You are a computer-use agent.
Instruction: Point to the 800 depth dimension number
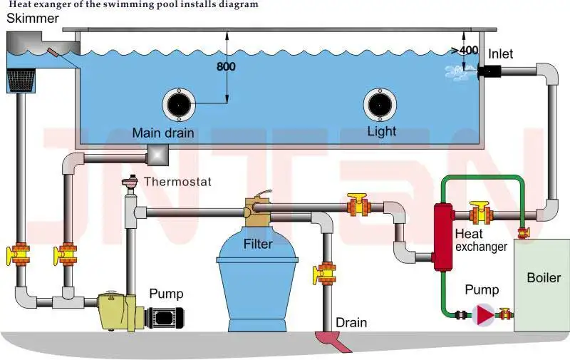225,66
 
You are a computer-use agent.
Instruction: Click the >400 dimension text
465,50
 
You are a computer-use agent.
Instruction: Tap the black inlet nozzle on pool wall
490,71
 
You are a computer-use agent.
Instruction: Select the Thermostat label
177,182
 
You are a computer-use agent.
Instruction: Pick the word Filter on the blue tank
258,245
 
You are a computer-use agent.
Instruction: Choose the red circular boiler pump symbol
484,313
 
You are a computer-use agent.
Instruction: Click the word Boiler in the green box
544,277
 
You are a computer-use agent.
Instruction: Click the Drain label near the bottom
351,323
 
